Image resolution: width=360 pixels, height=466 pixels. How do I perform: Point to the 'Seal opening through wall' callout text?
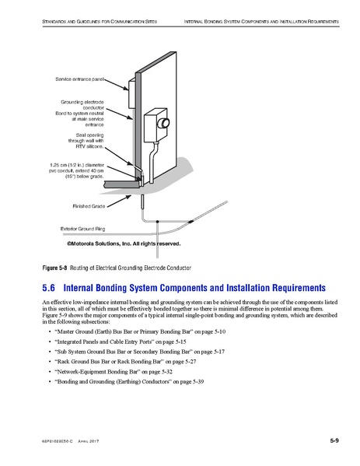tap(96, 139)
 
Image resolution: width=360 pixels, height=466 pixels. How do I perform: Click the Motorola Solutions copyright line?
tap(123, 244)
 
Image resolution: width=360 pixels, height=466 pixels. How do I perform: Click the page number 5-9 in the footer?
tap(333, 441)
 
